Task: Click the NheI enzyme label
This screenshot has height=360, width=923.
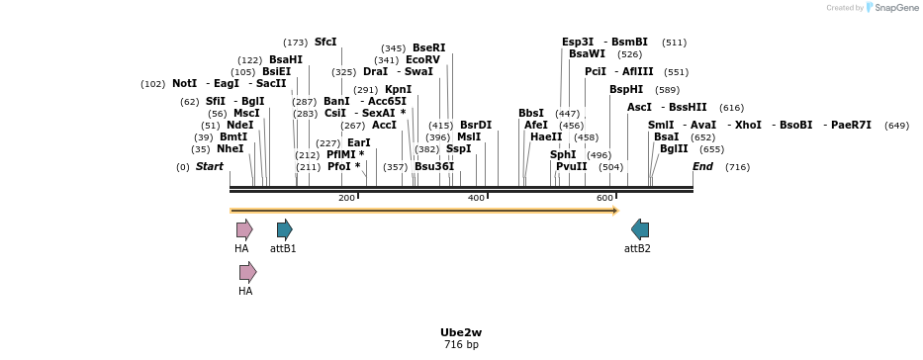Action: (x=230, y=149)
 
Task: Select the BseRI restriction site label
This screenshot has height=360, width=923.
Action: (x=428, y=48)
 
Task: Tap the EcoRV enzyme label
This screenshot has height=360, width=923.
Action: (x=422, y=60)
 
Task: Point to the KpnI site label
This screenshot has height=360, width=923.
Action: (x=398, y=90)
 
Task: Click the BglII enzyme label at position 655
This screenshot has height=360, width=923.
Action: (x=674, y=149)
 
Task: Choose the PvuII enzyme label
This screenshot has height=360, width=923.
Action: (x=571, y=167)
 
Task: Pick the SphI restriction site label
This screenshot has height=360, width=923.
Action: (x=563, y=155)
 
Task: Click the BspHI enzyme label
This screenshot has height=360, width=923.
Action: (x=626, y=90)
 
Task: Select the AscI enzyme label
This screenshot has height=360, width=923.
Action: (x=639, y=107)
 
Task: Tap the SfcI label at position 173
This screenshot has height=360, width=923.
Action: (x=325, y=43)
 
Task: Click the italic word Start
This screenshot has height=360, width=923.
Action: (x=209, y=167)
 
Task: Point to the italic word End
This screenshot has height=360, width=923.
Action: (x=702, y=167)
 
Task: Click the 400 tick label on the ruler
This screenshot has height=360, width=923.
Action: (x=476, y=199)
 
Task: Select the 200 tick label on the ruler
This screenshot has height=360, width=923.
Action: (x=346, y=199)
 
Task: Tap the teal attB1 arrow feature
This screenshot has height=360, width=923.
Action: (x=284, y=229)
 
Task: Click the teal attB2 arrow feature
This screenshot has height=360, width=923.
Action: (x=640, y=229)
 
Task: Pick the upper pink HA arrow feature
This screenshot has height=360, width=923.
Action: (x=243, y=229)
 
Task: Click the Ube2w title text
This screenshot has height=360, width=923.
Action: (x=461, y=332)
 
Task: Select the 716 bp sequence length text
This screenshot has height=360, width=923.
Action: (x=461, y=345)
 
